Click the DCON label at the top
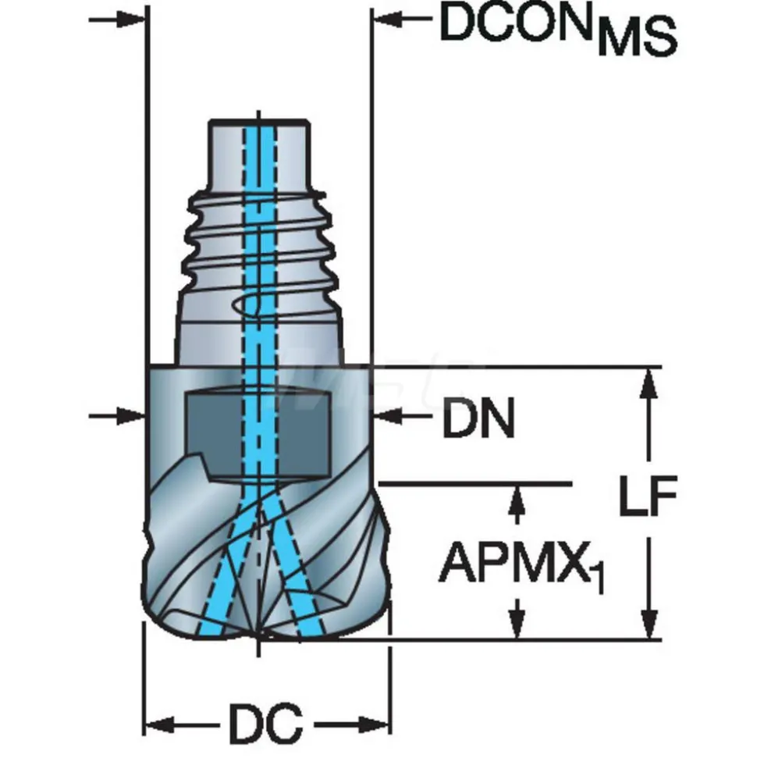pos(517,22)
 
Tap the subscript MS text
pos(637,39)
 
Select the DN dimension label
pos(478,418)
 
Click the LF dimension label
pos(649,495)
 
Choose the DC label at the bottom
pos(266,724)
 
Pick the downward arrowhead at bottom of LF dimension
pos(649,625)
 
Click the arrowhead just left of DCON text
pos(388,20)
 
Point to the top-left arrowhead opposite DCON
pos(130,20)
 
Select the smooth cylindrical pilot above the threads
pos(258,154)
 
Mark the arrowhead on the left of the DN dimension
pos(130,415)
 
